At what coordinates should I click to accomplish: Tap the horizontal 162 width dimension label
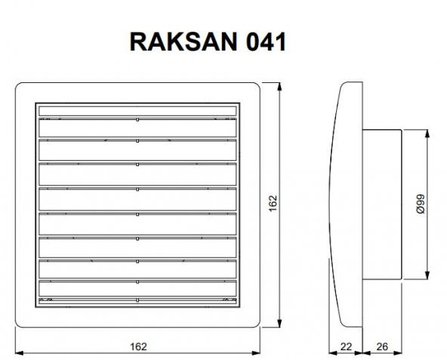coord(137,346)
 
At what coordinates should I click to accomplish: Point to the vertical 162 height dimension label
coord(273,204)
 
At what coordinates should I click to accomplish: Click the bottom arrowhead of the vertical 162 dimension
coord(281,324)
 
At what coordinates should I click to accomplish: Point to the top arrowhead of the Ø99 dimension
coord(429,133)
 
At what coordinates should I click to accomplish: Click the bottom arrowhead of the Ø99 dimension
coord(429,275)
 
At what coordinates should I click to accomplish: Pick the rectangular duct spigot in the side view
coord(381,204)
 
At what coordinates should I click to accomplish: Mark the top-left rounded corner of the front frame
coord(21,88)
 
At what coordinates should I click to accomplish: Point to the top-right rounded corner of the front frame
coord(256,88)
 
